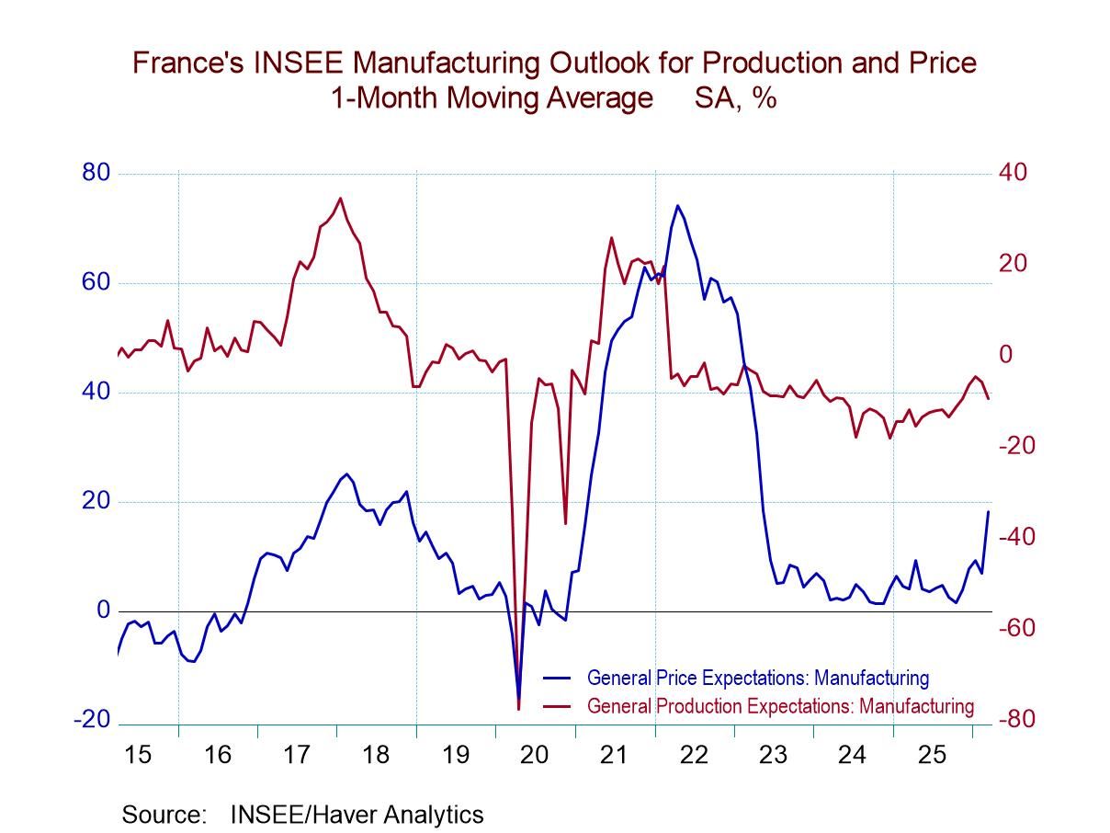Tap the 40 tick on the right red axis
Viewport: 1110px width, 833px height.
pyautogui.click(x=1014, y=173)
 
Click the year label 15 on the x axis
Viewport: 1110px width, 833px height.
pyautogui.click(x=138, y=755)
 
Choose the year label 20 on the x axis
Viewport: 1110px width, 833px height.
pyautogui.click(x=534, y=755)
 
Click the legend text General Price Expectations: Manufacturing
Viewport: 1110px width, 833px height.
pyautogui.click(x=757, y=679)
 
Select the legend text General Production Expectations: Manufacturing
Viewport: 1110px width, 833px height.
pyautogui.click(x=779, y=706)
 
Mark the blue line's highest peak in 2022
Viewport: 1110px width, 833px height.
pyautogui.click(x=677, y=205)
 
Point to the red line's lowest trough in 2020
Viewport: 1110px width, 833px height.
pyautogui.click(x=518, y=709)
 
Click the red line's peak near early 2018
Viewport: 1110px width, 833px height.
pyautogui.click(x=340, y=198)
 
